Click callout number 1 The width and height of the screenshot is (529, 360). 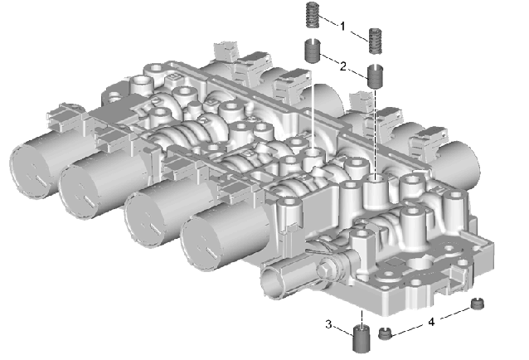[x=342, y=26]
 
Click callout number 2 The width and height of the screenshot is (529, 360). [x=342, y=66]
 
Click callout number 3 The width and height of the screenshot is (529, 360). [x=328, y=324]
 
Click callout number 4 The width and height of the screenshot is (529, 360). [x=431, y=322]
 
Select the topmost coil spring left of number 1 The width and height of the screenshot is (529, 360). [x=313, y=15]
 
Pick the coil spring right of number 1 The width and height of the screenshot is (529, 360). [x=375, y=41]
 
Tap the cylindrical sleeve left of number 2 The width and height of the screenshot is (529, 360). [x=313, y=51]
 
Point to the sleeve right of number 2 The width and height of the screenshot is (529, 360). [x=375, y=76]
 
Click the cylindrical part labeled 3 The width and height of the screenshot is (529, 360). [x=361, y=338]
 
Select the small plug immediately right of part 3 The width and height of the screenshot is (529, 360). [x=384, y=333]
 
